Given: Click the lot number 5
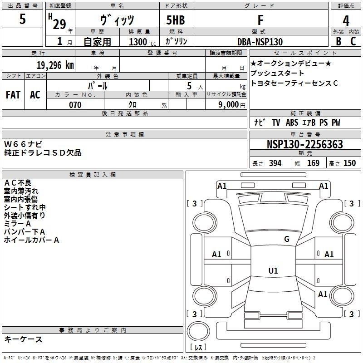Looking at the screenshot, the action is tap(22, 19).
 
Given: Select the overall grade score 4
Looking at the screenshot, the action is tap(346, 21).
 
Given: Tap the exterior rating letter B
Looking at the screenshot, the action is tap(338, 41).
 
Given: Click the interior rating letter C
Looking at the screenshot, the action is tap(353, 41).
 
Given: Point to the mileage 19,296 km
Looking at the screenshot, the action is tap(55, 65).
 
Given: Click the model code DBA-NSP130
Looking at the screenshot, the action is tap(260, 42).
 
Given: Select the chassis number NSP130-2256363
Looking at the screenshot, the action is tap(304, 144).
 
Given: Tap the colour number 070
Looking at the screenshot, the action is tap(75, 105).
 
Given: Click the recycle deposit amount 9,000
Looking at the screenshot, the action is tap(229, 104).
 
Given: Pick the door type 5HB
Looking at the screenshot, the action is tap(176, 20).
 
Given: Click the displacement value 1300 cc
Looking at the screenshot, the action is tap(142, 42).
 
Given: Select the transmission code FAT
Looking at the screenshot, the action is tap(13, 95).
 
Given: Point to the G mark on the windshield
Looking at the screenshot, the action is tap(287, 239).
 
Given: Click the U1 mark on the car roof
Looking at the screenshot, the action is tap(273, 270).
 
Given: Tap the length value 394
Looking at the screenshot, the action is tap(275, 163).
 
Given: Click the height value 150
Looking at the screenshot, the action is tap(349, 163).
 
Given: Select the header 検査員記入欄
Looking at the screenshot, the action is tap(93, 175).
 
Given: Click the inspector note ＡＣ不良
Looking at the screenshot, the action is tap(18, 183).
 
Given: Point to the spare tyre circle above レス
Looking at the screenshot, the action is tap(198, 331).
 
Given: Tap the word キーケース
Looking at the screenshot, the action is tap(23, 339).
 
